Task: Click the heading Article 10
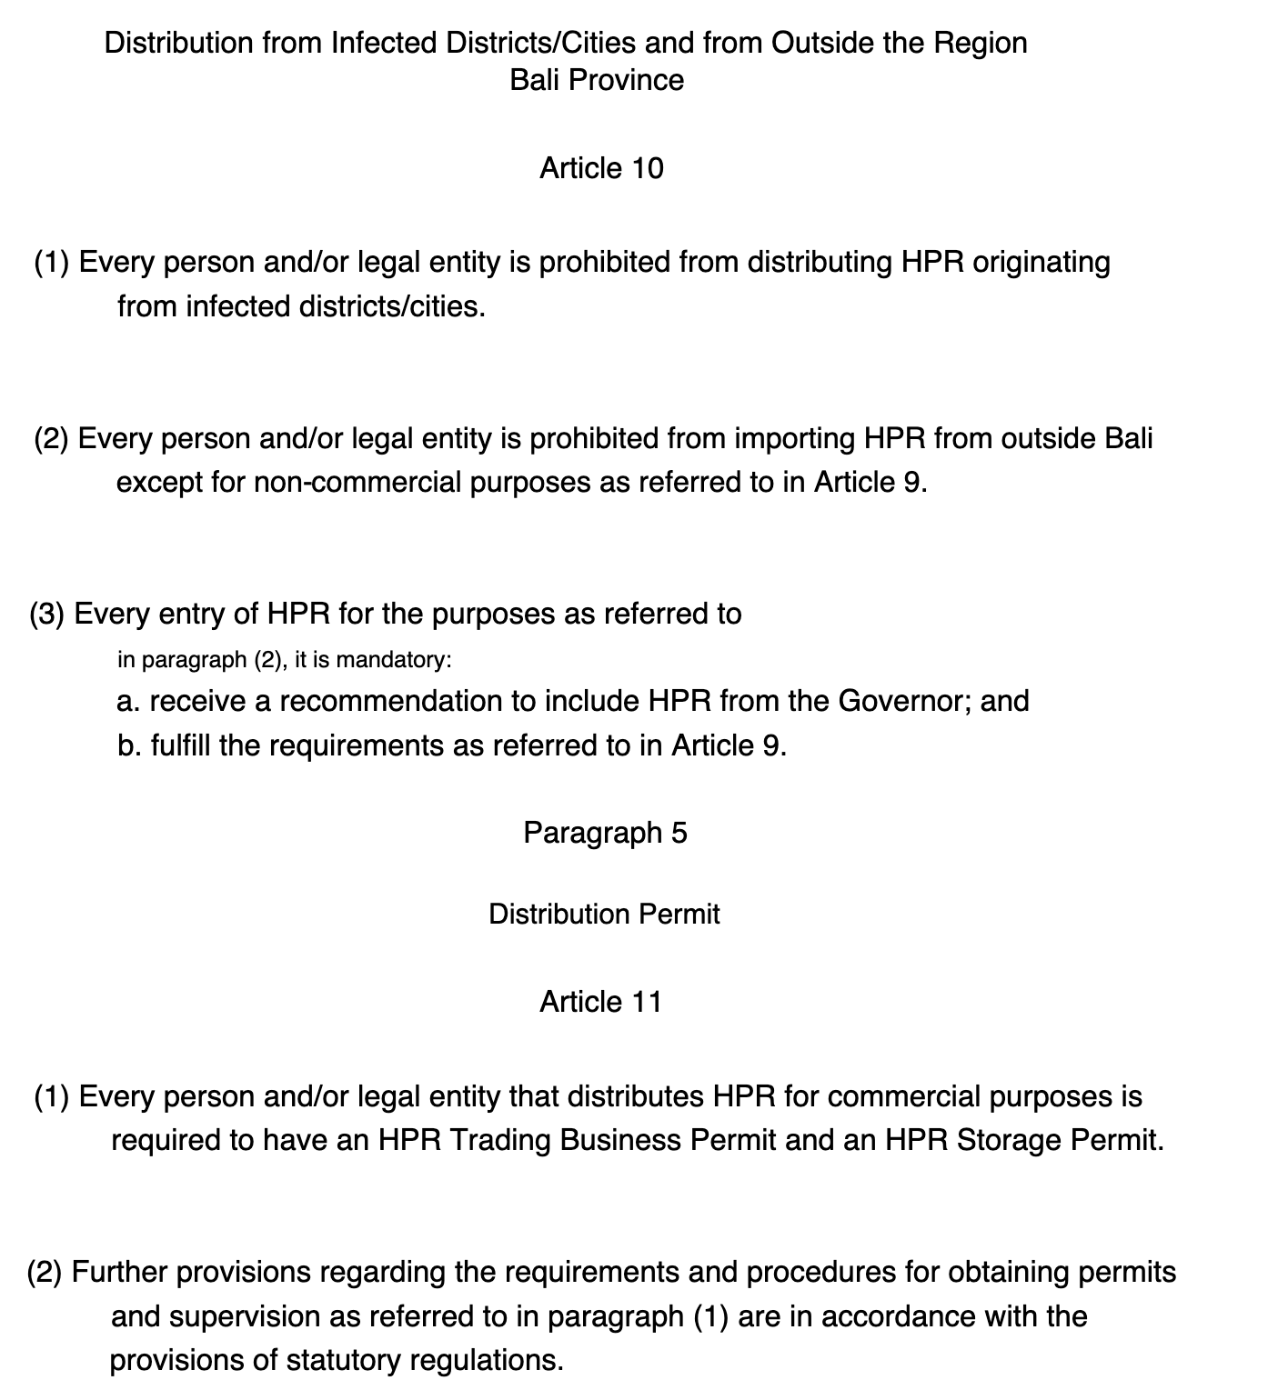click(x=601, y=168)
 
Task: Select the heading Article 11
click(x=600, y=1002)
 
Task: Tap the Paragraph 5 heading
click(x=605, y=833)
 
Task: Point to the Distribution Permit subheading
click(x=604, y=914)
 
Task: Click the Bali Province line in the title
click(x=597, y=80)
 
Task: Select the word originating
click(x=1042, y=263)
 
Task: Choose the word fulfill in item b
click(x=181, y=745)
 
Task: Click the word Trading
click(x=500, y=1140)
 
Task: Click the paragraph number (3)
click(x=46, y=615)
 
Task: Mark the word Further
click(x=119, y=1272)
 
